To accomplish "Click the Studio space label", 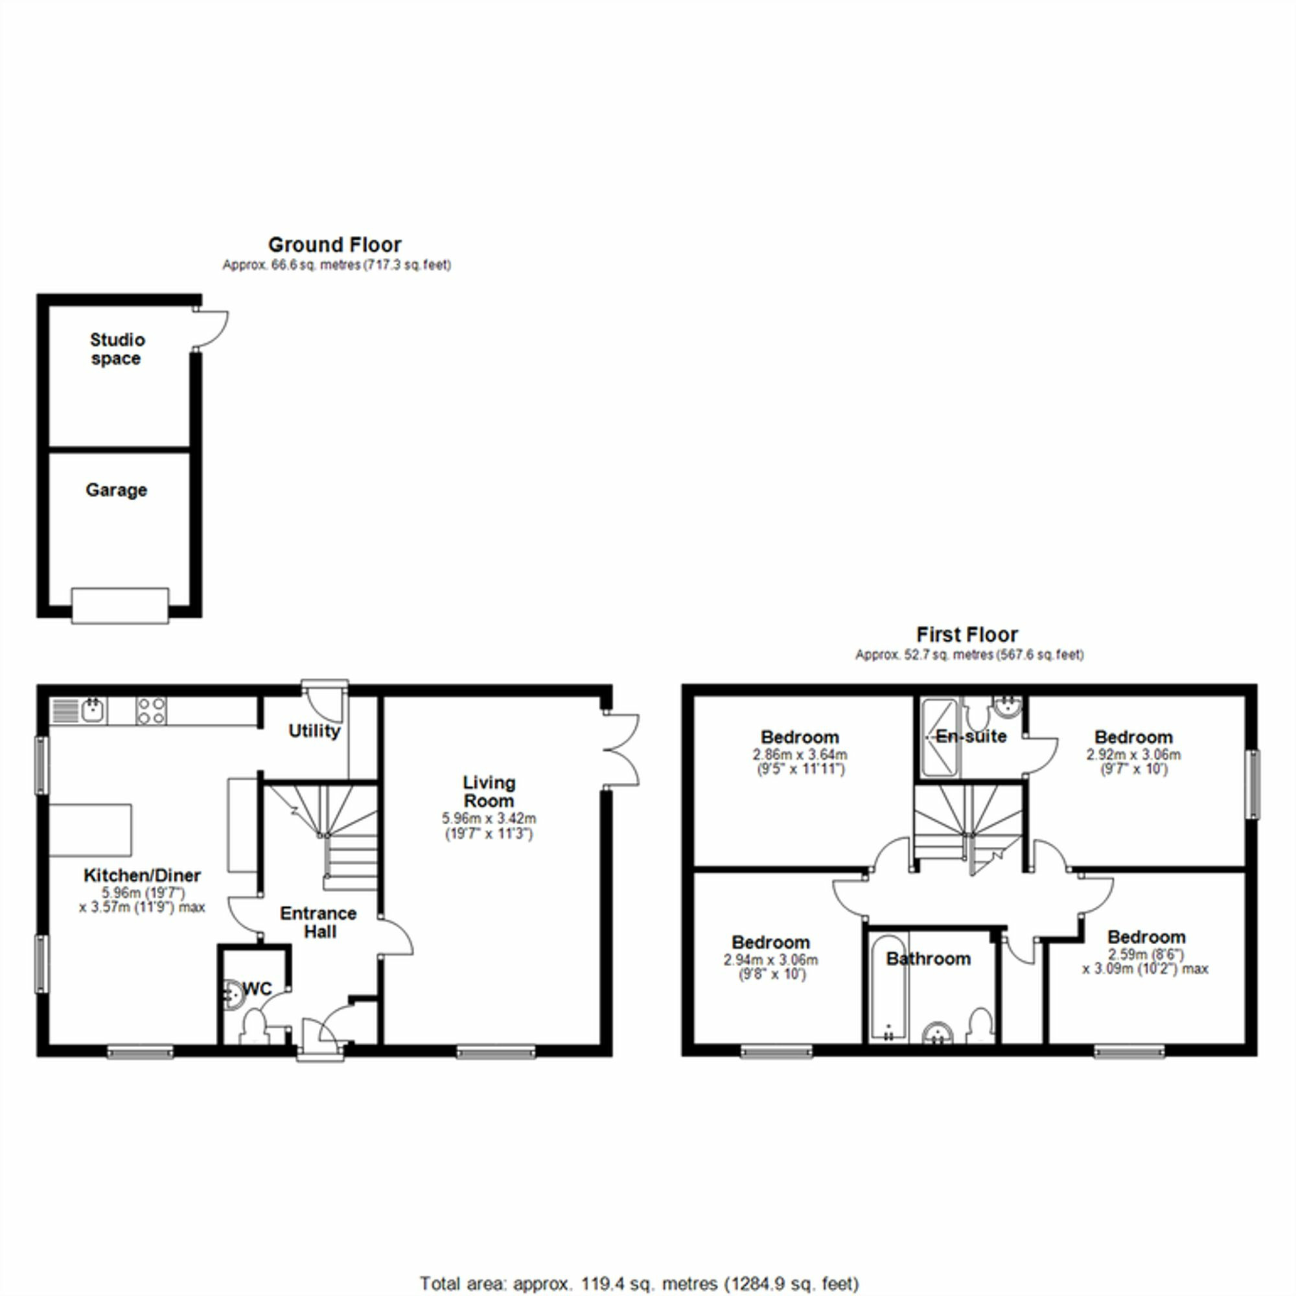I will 117,349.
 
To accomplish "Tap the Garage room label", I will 116,491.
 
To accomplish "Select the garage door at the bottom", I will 120,606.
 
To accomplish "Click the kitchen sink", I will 93,710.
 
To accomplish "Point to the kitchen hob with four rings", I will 151,711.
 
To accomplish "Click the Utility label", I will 314,730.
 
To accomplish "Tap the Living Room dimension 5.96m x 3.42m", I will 489,818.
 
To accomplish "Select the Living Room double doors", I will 621,749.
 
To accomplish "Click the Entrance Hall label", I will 319,922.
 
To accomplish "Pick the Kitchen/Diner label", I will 142,875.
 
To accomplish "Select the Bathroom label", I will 929,958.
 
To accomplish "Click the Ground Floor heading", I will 335,245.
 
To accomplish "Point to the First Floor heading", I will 967,634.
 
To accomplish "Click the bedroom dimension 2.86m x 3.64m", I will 800,754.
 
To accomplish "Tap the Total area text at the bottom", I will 639,1284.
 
